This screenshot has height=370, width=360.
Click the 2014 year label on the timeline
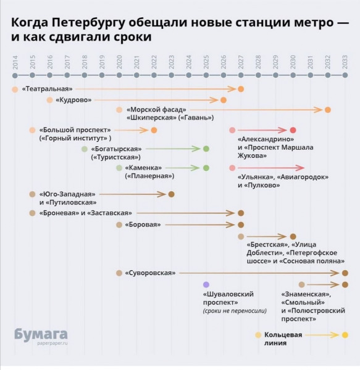15,62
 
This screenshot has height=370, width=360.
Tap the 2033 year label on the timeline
345,62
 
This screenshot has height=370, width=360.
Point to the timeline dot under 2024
189,75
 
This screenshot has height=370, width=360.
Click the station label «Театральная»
48,89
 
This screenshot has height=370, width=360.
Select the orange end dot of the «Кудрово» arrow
224,100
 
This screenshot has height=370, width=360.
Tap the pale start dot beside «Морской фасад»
119,110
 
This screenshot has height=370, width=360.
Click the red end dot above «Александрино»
293,130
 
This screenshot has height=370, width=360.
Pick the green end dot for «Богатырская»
206,149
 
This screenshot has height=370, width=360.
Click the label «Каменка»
143,168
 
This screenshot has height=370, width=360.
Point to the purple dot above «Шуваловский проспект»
206,284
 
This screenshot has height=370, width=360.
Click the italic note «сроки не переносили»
235,311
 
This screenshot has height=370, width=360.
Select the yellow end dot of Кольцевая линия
345,335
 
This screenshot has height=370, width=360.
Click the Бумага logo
41,334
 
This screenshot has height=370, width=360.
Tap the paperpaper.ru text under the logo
52,343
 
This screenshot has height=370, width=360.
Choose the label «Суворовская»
150,273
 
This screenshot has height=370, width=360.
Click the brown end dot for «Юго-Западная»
171,194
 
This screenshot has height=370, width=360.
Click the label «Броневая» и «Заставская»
86,213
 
